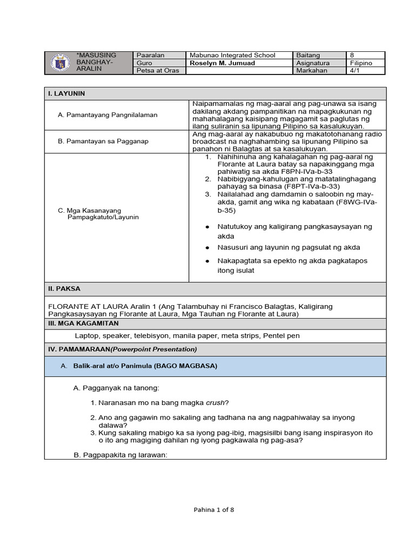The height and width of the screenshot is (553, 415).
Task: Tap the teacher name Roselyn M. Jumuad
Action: [222, 63]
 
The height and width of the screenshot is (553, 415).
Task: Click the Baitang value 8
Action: [352, 55]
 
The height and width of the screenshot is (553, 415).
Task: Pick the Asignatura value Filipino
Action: [360, 63]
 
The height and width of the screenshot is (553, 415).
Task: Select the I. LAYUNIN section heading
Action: [66, 93]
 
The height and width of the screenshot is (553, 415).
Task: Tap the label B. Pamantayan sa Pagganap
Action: [103, 141]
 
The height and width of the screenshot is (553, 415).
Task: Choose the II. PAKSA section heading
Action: [64, 289]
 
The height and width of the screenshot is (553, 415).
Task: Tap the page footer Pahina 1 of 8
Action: [214, 509]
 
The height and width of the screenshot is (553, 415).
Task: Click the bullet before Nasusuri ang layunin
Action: [207, 248]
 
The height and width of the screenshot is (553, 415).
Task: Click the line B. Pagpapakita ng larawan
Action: [121, 455]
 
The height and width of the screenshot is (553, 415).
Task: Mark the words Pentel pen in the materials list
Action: [281, 335]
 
